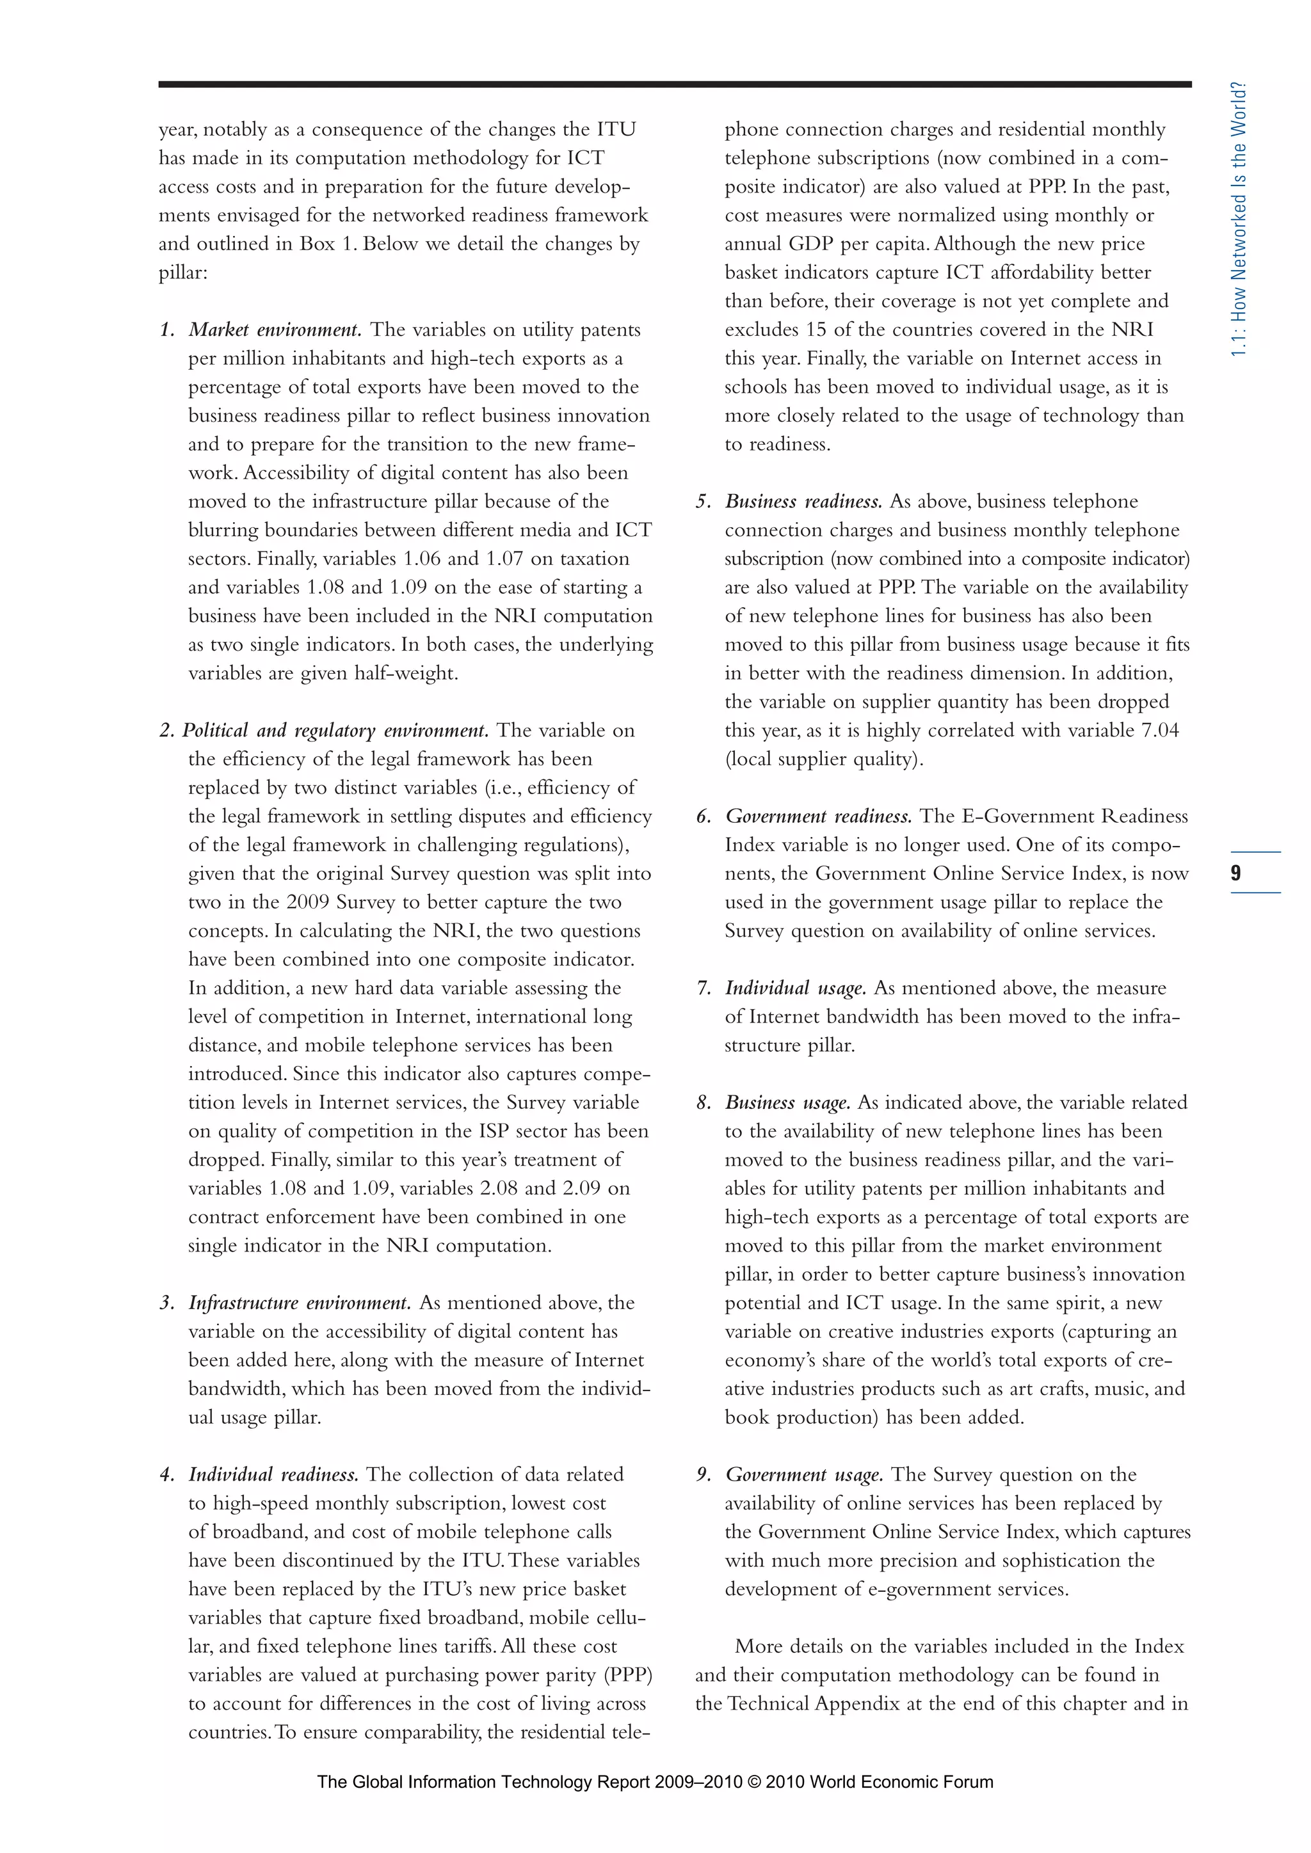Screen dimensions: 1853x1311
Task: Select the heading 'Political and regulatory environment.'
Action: (x=335, y=730)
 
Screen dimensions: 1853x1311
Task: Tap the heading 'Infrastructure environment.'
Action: (x=300, y=1303)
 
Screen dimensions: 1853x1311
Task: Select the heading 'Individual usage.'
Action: (x=795, y=988)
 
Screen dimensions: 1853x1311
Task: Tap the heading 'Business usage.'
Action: (x=788, y=1102)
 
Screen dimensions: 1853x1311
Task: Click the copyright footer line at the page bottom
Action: (x=655, y=1782)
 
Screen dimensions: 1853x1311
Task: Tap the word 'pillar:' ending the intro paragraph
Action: (x=183, y=273)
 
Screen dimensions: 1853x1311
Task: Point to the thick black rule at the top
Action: (x=674, y=84)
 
